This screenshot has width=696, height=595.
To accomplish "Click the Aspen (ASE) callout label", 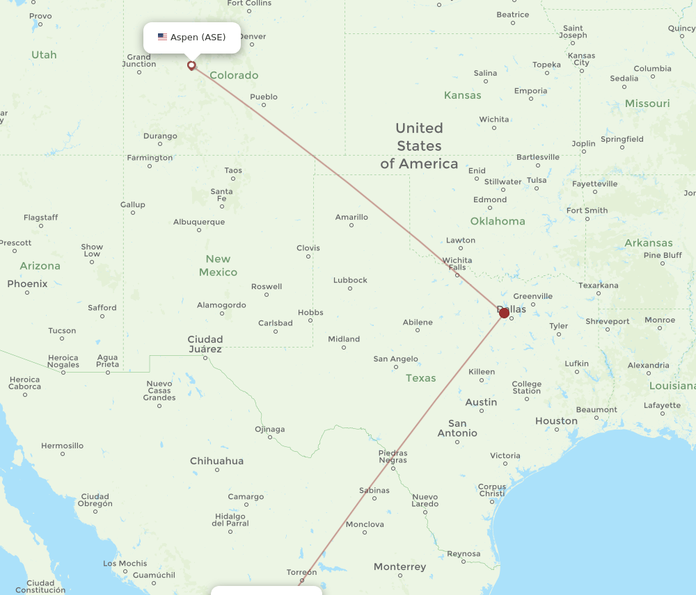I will pyautogui.click(x=192, y=38).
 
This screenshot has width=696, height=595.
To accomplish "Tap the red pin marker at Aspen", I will pyautogui.click(x=191, y=66).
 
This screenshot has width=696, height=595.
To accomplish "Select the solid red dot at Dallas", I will pyautogui.click(x=505, y=313).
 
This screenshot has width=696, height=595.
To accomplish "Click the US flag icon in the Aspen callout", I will pyautogui.click(x=162, y=38).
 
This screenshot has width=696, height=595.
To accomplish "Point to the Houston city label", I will pyautogui.click(x=556, y=421).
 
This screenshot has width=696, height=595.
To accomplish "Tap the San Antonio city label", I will pyautogui.click(x=457, y=428).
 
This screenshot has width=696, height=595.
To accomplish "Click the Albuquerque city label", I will pyautogui.click(x=199, y=222).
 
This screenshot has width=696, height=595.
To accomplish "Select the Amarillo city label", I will pyautogui.click(x=351, y=218).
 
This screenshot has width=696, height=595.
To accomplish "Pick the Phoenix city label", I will pyautogui.click(x=27, y=284).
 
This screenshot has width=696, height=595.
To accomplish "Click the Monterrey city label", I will pyautogui.click(x=400, y=567).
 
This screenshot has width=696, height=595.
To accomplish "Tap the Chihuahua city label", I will pyautogui.click(x=217, y=461).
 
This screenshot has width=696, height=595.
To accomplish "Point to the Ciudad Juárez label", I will pyautogui.click(x=205, y=344).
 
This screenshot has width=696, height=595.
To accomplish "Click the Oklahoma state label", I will pyautogui.click(x=498, y=221).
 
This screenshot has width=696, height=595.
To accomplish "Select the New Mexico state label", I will pyautogui.click(x=218, y=266).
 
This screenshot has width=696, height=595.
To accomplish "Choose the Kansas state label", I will pyautogui.click(x=463, y=95).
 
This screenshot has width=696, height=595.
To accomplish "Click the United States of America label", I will pyautogui.click(x=419, y=146).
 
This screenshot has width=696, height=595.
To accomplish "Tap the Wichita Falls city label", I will pyautogui.click(x=457, y=264).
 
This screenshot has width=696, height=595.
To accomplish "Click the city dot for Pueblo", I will pyautogui.click(x=264, y=106).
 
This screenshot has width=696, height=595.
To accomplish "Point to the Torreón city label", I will pyautogui.click(x=301, y=572).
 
